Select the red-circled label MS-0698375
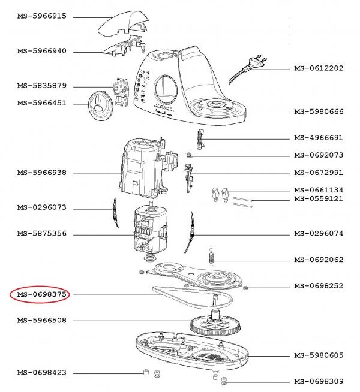click(41, 294)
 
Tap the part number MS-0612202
click(319, 68)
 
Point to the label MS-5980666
click(319, 112)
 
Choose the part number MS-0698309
click(319, 382)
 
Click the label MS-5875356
click(41, 233)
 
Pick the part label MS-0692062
click(319, 260)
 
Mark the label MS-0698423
click(41, 373)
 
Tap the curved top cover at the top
click(123, 24)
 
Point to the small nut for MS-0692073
click(189, 156)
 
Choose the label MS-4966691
click(319, 138)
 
